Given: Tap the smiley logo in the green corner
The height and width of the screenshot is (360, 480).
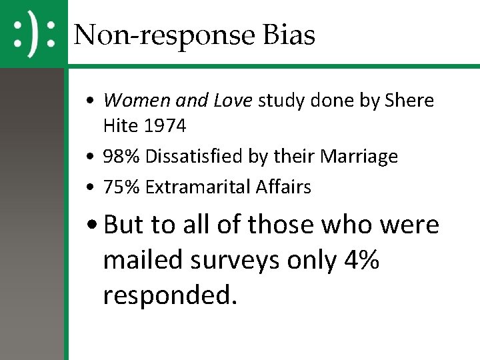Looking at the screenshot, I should (33, 33).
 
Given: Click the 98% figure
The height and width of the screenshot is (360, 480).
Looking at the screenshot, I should (122, 157).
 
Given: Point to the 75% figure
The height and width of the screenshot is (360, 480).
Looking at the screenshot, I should (122, 187).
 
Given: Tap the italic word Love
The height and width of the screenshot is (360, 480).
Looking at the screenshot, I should (233, 101).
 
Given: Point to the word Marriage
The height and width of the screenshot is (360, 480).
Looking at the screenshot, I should (359, 157).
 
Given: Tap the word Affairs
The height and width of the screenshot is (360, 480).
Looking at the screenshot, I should (283, 187).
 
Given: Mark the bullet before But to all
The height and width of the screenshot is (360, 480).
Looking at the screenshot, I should (94, 225).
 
